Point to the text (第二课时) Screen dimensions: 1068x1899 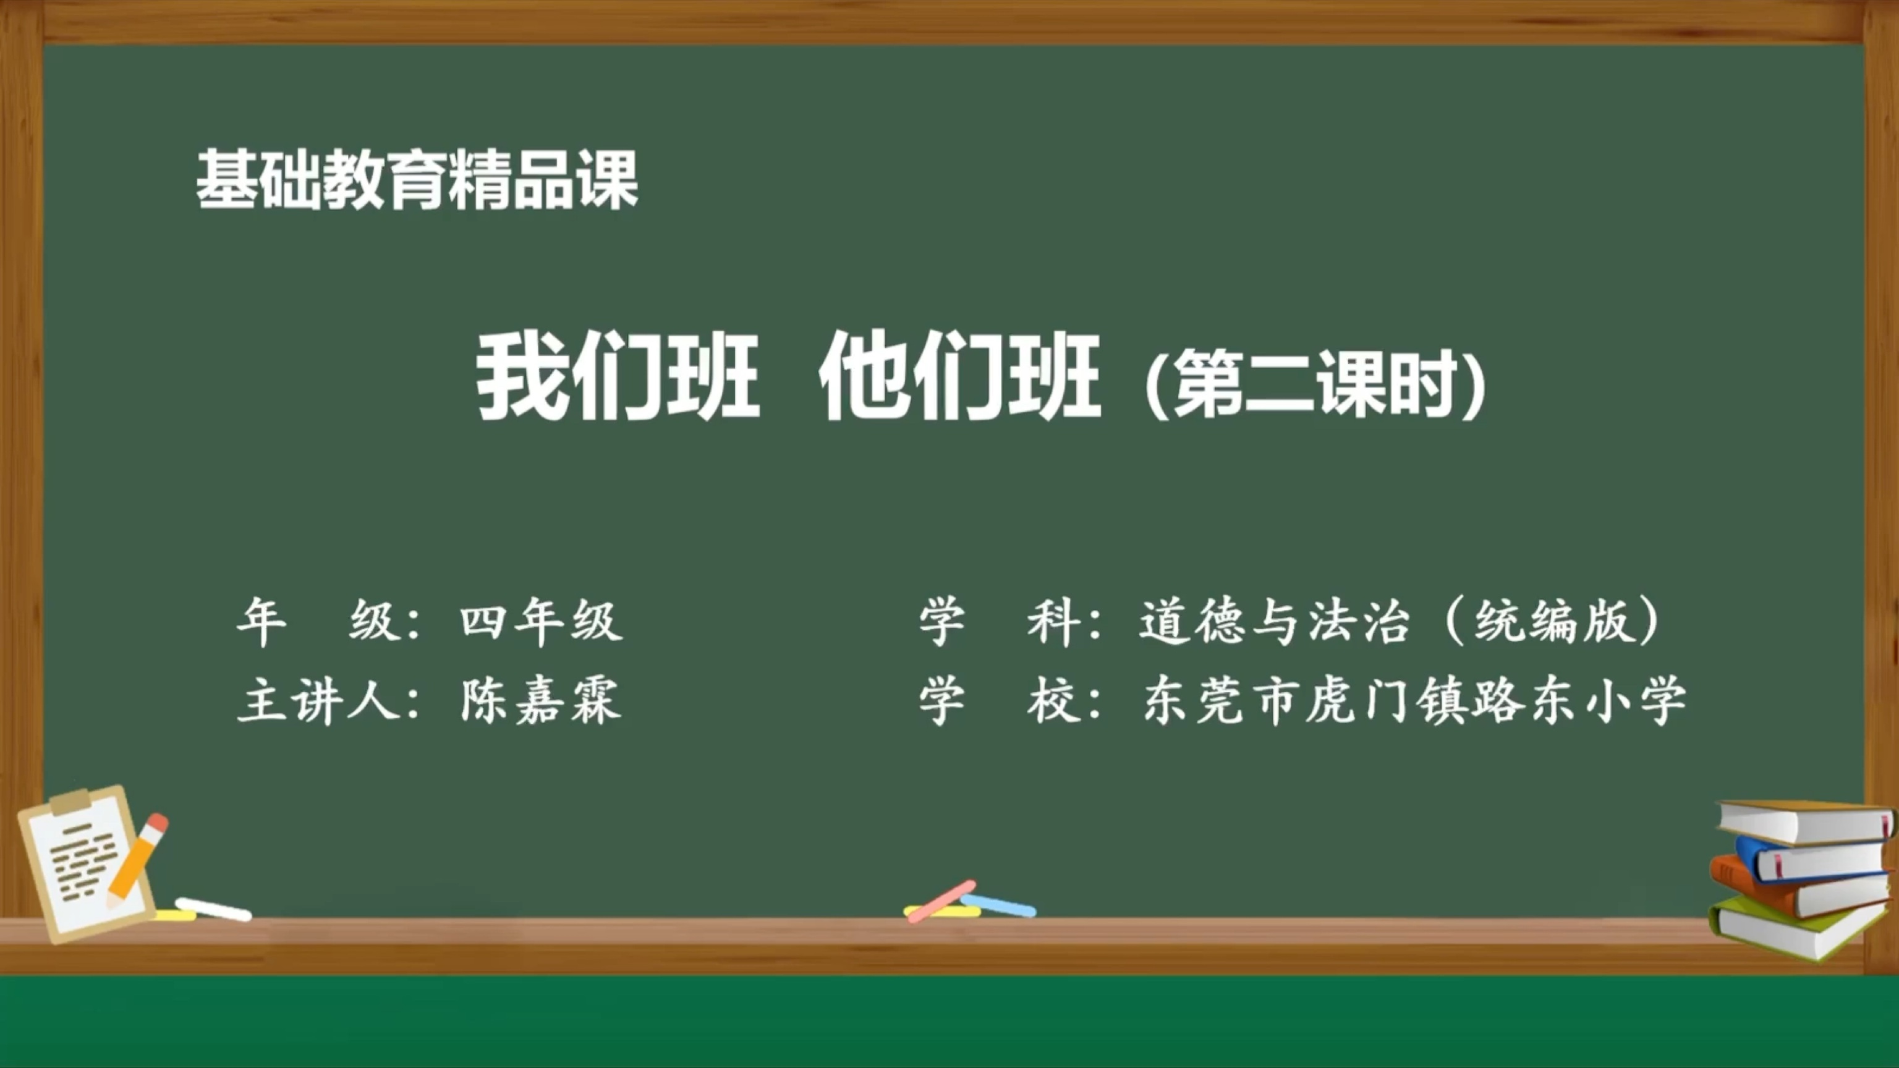1316,383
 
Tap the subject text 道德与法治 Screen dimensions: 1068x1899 1274,621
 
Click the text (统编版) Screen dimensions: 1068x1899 1552,621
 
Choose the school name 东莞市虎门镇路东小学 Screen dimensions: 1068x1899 1414,700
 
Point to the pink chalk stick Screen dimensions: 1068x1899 941,901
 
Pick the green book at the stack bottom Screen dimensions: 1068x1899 1799,930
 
